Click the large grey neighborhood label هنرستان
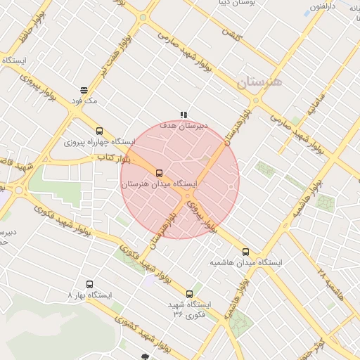259,82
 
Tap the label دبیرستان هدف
184,125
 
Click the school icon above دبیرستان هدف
184,115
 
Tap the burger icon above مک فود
84,90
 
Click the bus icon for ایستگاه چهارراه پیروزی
99,131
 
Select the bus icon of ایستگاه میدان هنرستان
159,173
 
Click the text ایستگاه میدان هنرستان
159,184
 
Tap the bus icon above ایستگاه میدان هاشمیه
245,252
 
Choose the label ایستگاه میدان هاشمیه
245,263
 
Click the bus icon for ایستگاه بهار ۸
89,285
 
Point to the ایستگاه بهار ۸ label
89,295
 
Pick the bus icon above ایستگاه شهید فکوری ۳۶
189,294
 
